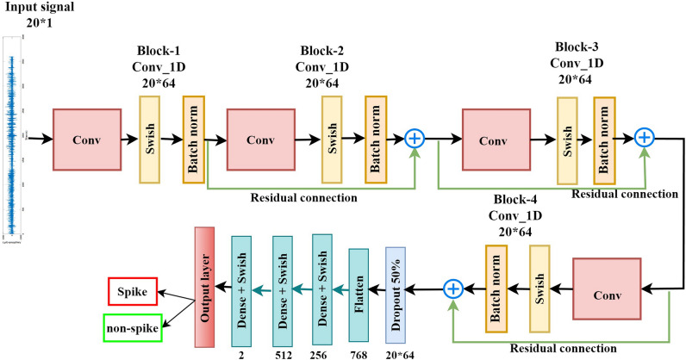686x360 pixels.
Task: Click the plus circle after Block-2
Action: pyautogui.click(x=415, y=138)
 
